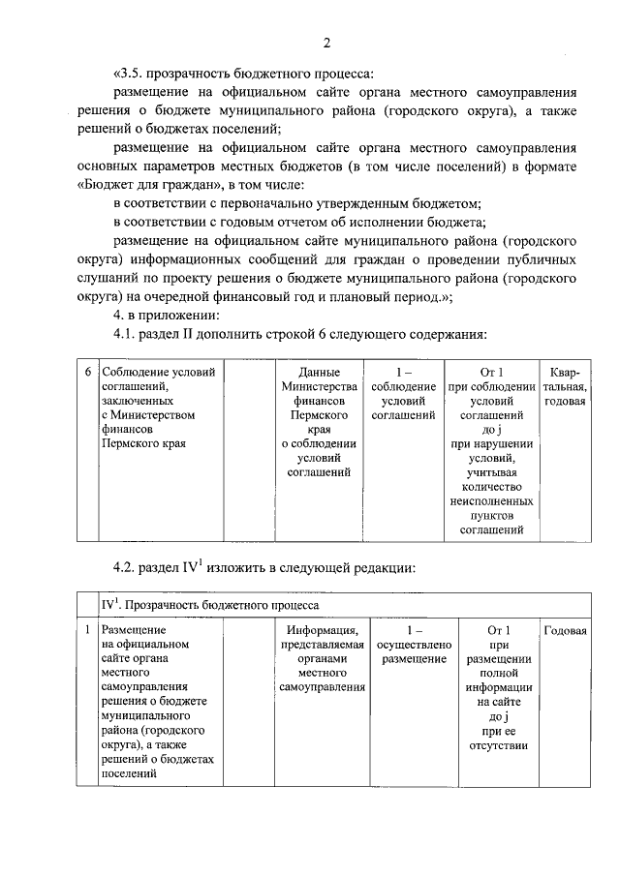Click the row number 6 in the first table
[87, 373]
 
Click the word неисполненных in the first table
[491, 502]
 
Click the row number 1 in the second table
[87, 630]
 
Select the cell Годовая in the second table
[565, 630]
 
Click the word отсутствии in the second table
[491, 745]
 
